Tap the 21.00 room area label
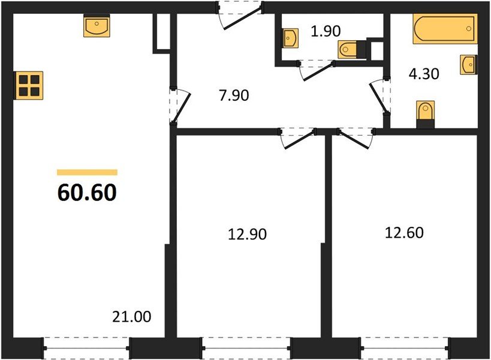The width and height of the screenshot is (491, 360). coord(131,316)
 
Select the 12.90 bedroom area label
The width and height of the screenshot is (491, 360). coord(247,235)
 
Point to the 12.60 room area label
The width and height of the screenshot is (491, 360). coord(404,232)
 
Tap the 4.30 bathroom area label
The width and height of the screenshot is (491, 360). coord(424,74)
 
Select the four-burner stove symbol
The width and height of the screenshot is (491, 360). coord(29,85)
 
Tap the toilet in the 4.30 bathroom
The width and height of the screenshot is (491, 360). coord(424,114)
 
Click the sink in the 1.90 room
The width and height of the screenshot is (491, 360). coord(290,38)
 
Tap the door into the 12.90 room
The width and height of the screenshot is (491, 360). coord(297,137)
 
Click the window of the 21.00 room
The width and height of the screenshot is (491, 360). coord(87,346)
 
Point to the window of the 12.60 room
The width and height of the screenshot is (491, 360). coord(405,346)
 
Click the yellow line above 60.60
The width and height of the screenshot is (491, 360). coord(87,172)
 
